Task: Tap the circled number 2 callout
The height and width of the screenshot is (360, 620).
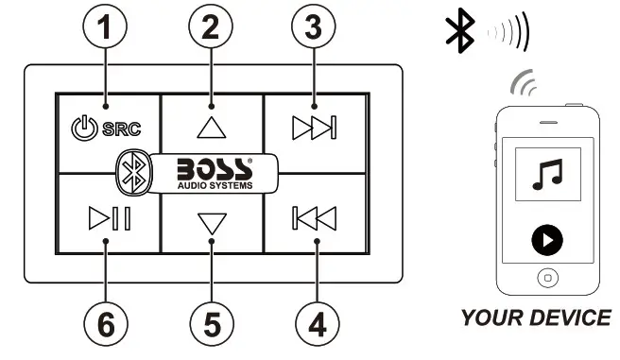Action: tap(211, 26)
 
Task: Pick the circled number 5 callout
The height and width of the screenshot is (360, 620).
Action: tap(211, 325)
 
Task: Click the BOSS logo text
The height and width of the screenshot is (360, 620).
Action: tap(215, 168)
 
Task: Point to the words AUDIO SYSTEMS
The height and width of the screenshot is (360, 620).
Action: tap(215, 184)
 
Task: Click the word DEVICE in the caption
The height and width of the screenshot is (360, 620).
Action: tap(570, 317)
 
